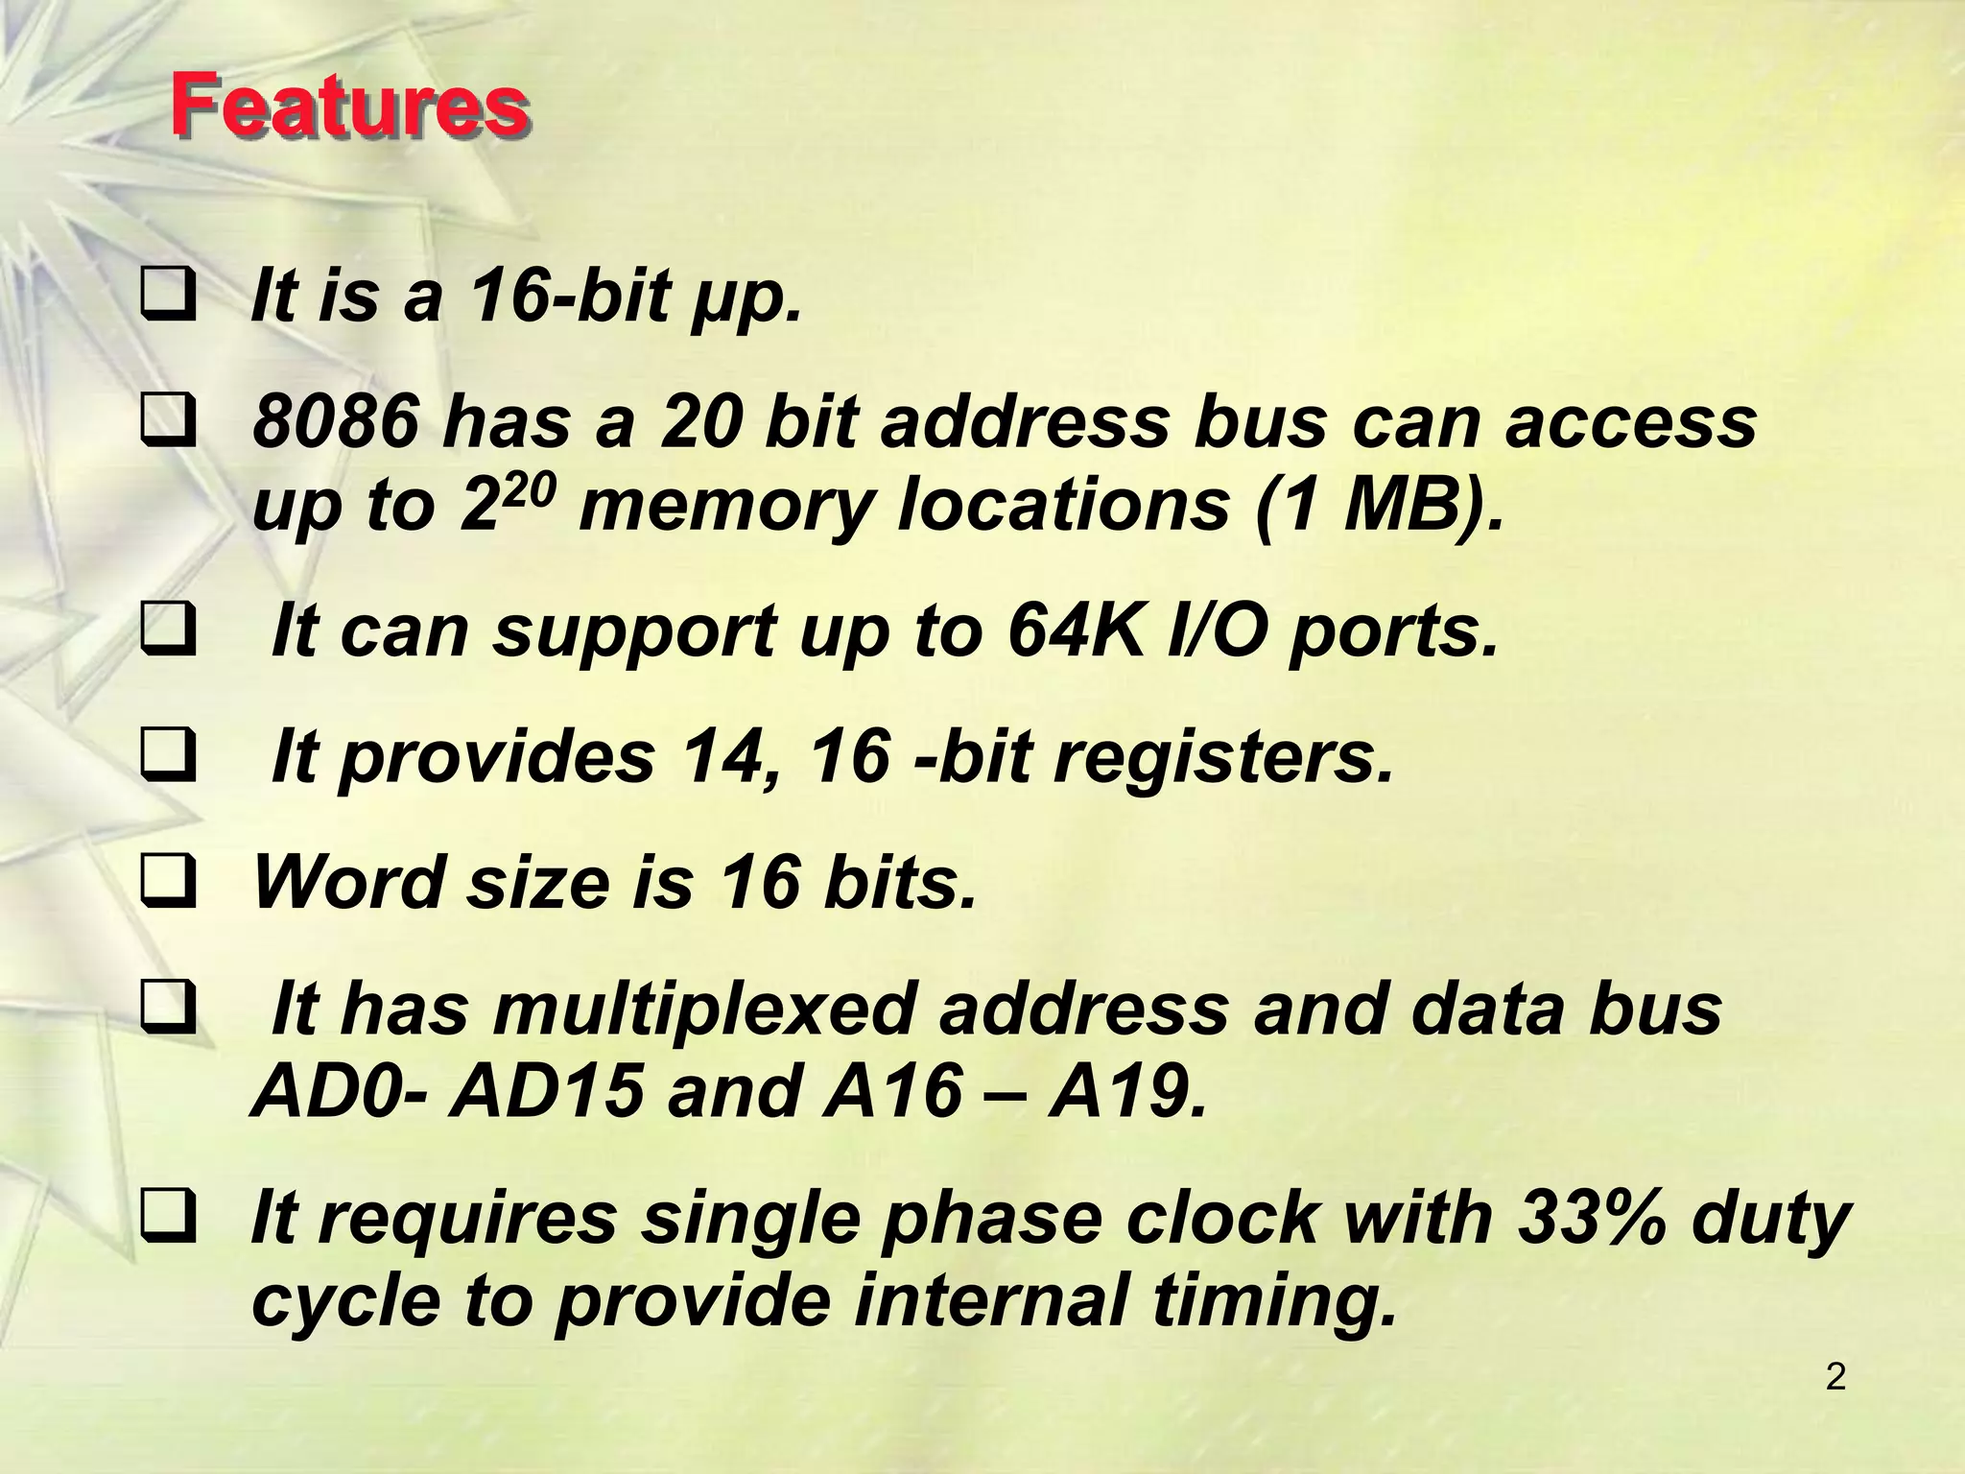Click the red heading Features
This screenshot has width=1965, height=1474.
click(349, 107)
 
